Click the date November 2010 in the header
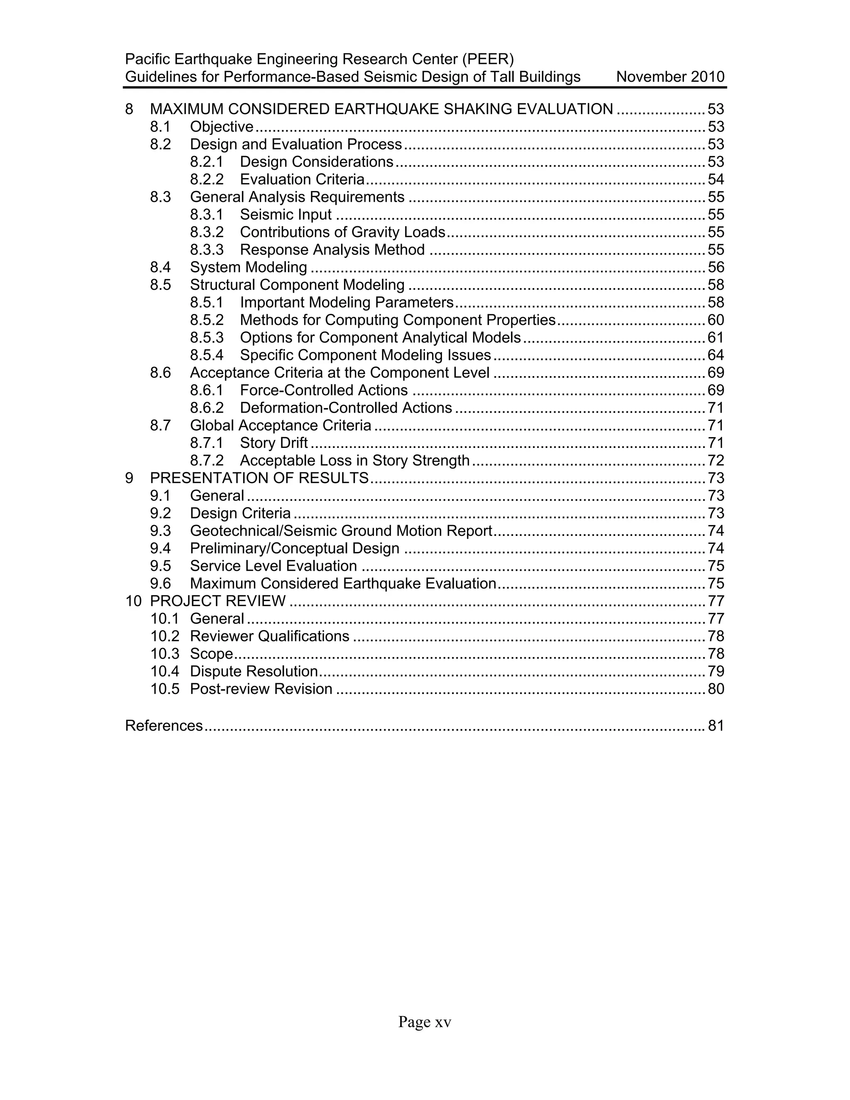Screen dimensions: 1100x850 [670, 77]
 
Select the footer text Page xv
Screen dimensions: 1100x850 [425, 1022]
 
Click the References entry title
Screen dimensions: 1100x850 [164, 725]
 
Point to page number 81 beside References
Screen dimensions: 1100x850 [716, 725]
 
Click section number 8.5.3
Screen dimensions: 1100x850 [206, 337]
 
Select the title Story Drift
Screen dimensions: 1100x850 [274, 443]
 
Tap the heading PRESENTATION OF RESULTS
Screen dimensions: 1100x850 [259, 478]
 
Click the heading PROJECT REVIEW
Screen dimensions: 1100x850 [217, 601]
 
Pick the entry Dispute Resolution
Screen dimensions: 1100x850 [253, 671]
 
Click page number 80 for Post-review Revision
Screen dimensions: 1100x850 [716, 689]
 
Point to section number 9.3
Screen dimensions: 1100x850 [160, 531]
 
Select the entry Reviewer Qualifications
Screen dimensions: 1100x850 [269, 636]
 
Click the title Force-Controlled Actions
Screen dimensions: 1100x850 [323, 390]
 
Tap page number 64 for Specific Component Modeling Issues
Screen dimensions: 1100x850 [716, 355]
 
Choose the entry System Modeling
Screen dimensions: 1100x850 [248, 267]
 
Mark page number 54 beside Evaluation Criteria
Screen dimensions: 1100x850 [716, 179]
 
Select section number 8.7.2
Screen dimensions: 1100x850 [206, 460]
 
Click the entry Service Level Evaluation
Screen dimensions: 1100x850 [273, 566]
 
